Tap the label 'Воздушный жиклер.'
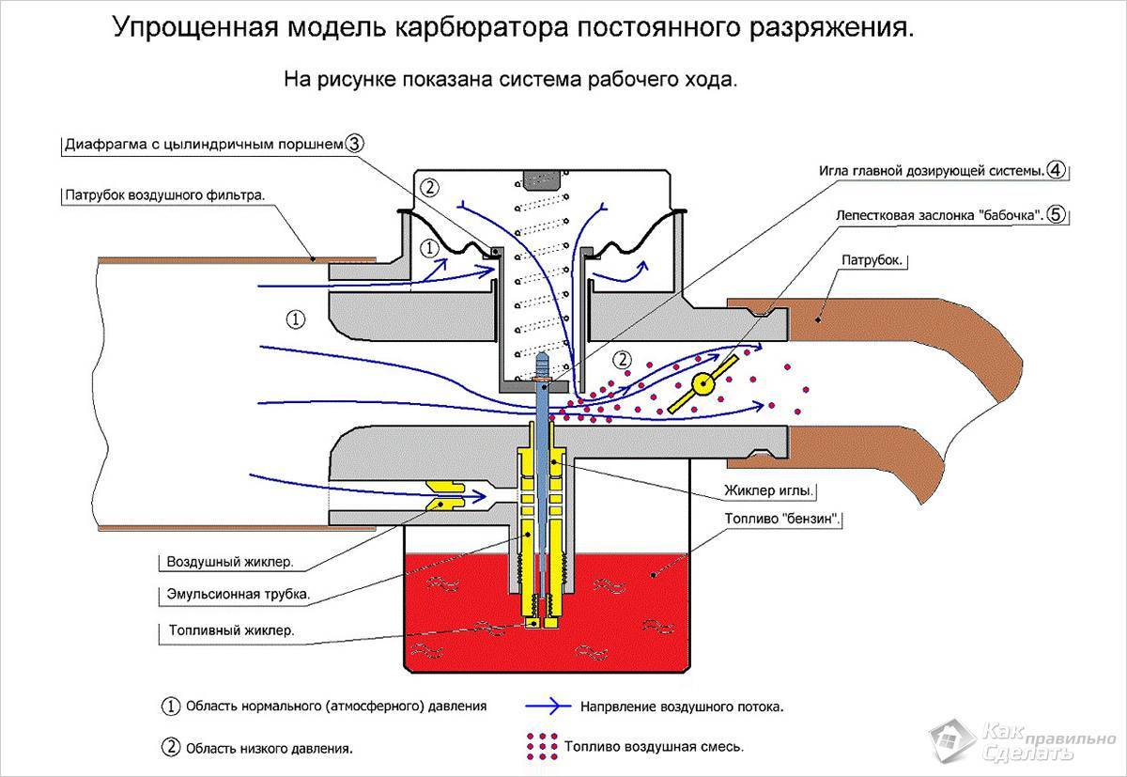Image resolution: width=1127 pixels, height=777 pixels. click(x=230, y=563)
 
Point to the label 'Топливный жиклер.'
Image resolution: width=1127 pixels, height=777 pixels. click(x=231, y=630)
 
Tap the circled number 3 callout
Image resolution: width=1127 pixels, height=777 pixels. click(x=354, y=144)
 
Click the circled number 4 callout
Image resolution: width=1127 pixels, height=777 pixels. click(x=1057, y=170)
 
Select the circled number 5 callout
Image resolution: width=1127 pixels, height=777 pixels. click(x=1057, y=213)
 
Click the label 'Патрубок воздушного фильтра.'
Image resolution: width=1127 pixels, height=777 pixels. click(x=165, y=196)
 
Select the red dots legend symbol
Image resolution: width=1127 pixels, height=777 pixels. click(x=539, y=746)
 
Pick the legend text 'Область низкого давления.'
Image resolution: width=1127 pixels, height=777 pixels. click(x=270, y=749)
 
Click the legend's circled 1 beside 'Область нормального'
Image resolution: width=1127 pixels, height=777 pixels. click(x=171, y=705)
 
